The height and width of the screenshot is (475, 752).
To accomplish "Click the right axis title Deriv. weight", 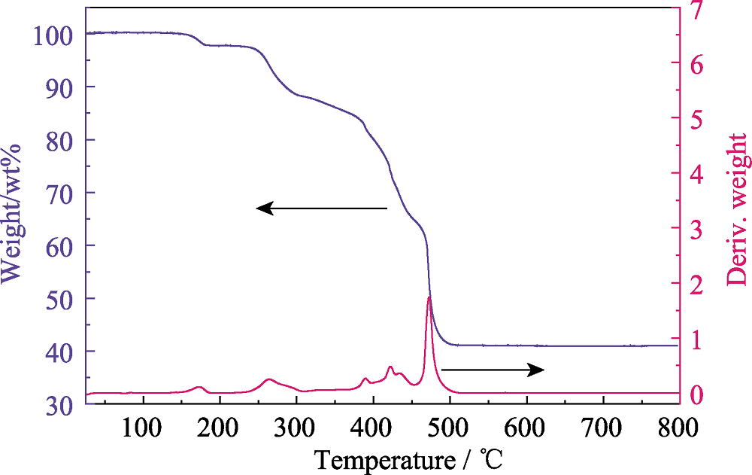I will point(738,210).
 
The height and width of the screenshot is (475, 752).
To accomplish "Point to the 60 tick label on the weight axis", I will point(59,245).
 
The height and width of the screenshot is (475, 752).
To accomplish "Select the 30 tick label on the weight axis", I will point(59,404).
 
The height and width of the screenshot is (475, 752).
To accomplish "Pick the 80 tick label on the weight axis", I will point(59,140).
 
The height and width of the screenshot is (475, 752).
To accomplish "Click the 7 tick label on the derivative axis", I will point(700,10).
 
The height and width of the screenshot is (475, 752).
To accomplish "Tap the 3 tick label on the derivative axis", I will point(700,229).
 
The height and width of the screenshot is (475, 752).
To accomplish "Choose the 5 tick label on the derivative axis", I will point(700,119).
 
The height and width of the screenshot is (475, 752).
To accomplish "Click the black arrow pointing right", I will point(493,369).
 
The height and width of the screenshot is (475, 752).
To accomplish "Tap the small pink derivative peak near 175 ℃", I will point(199,387).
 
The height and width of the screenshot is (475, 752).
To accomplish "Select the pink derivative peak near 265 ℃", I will point(269,379).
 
